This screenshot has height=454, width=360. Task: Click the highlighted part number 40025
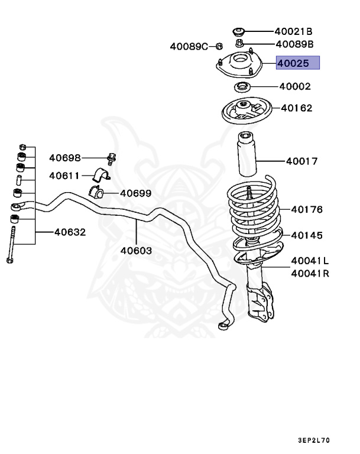pos(298,63)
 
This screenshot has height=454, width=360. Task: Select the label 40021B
pos(293,31)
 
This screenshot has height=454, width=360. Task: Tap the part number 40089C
pos(189,46)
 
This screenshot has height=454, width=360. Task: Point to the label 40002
pos(294,86)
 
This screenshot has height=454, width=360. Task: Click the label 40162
pos(296,108)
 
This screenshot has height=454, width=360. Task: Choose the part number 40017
pos(301,161)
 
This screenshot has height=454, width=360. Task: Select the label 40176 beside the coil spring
pos(306,209)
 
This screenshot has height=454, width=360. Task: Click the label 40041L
pos(310,261)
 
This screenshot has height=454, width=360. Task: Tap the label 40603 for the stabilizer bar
pos(136,250)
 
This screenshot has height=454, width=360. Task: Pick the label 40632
pos(70,232)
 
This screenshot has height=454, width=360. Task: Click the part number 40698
pos(64,158)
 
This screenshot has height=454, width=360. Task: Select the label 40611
pos(64,176)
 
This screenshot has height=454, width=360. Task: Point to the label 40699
pos(135,193)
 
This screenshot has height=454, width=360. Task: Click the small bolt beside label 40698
pos(111,158)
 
